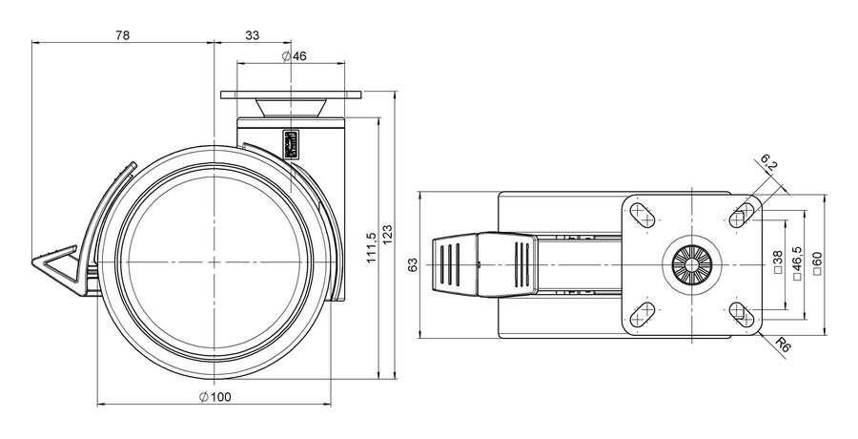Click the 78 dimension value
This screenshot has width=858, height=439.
[123, 35]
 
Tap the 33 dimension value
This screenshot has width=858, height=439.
[253, 35]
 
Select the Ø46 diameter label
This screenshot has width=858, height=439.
[295, 56]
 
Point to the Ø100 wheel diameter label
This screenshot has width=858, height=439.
[215, 397]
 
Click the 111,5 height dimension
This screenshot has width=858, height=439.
[371, 247]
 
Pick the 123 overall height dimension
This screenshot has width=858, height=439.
[387, 235]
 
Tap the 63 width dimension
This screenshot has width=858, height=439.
[413, 264]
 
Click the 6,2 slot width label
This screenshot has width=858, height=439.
[768, 163]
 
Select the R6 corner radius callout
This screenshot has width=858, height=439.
[784, 345]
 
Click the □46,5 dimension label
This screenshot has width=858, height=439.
[797, 263]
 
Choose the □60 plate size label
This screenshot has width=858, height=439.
[817, 263]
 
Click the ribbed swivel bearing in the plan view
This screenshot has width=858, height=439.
[692, 265]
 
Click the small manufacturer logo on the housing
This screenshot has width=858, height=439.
[290, 144]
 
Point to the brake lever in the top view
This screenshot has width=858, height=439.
[484, 264]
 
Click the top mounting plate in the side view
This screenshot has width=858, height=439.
[291, 94]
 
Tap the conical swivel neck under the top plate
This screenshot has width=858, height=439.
[291, 108]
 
